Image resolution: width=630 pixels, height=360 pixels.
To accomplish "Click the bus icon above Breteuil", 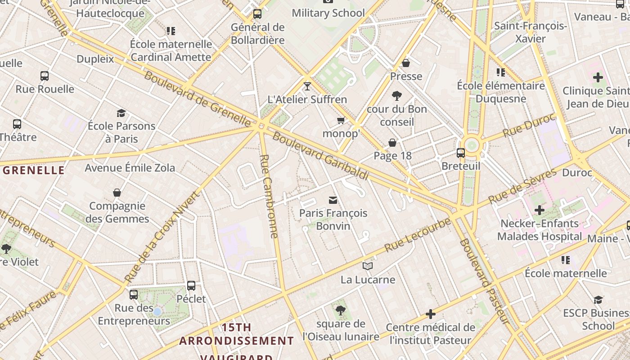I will pos(460,153).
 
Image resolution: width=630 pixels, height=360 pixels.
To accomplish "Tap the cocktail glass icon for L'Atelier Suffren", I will pos(307,86).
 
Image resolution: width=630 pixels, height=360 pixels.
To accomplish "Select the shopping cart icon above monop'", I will pos(341,120).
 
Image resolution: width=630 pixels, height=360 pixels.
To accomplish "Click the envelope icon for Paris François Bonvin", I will pos(333,200).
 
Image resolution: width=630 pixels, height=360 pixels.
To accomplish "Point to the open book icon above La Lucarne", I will pos(368,266).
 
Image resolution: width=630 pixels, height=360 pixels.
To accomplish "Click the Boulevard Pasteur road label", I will pos(485,281).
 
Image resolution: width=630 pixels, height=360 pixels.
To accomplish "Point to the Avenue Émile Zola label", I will pos(130,168).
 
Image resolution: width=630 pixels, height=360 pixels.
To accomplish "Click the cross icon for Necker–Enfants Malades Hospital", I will pos(539,210).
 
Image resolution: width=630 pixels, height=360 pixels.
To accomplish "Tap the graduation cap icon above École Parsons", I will pos(121,113).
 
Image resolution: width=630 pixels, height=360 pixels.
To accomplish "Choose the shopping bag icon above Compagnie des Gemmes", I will pos(117,193).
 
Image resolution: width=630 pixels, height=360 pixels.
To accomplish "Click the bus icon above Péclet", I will pos(191,285).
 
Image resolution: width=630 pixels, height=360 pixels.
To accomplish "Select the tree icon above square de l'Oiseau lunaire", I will pos(341,310).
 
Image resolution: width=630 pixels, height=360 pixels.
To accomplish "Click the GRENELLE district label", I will pos(34,170).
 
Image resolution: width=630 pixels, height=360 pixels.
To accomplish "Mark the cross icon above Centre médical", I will pos(431,314).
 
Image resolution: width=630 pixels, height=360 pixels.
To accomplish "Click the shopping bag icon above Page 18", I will pos(392,143).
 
